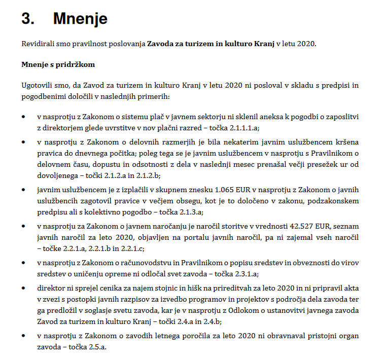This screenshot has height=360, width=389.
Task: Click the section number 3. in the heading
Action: tap(28, 19)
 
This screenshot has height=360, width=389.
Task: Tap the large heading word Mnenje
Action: tap(80, 19)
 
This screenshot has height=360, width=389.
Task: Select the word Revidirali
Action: tap(39, 44)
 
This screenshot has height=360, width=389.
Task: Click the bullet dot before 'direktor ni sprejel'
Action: tap(24, 288)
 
